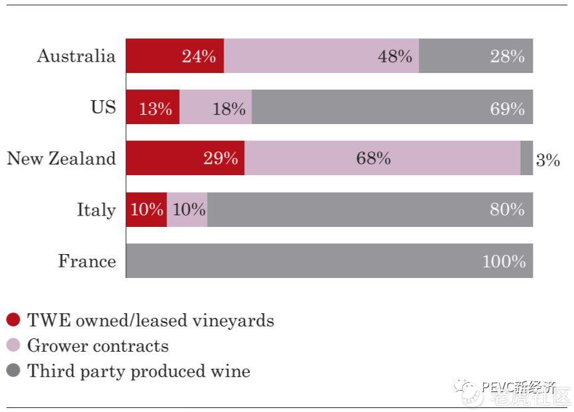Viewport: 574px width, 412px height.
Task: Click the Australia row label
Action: click(76, 56)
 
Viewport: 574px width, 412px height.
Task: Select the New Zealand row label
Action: click(61, 159)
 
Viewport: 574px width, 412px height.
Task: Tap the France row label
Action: click(87, 261)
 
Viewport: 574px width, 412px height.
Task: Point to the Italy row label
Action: click(96, 210)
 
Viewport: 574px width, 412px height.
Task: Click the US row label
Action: click(103, 107)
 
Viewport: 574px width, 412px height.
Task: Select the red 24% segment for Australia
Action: click(175, 56)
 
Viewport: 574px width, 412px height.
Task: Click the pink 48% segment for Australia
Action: click(321, 56)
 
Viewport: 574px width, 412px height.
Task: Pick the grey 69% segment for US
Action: click(392, 107)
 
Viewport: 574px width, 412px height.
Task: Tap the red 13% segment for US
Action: click(153, 107)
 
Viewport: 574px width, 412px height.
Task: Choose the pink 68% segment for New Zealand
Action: click(382, 159)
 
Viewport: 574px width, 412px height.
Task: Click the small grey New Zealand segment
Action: click(526, 159)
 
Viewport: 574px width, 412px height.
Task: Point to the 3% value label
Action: click(547, 160)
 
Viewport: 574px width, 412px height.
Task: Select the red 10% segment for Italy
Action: click(146, 210)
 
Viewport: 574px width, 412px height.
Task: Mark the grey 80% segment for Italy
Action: click(370, 210)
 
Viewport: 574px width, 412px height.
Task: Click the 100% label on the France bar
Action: click(504, 261)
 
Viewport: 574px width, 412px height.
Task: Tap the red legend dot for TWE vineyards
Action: click(13, 320)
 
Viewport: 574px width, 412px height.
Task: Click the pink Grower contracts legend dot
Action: click(13, 346)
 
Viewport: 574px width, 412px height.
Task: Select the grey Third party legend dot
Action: click(13, 370)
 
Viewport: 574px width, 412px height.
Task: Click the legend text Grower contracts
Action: click(98, 346)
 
